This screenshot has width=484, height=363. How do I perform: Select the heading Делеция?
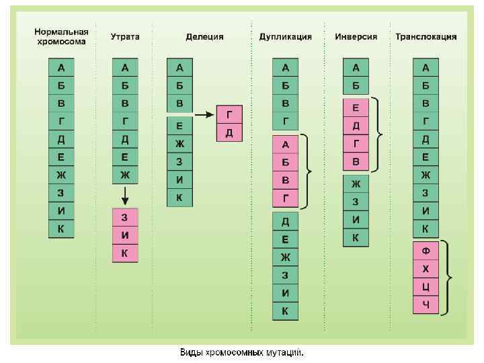205,37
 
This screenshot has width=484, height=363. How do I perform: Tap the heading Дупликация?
286,37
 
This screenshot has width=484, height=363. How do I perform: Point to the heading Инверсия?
356,37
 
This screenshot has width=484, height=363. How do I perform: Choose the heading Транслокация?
426,37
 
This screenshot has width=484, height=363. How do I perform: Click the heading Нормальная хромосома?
62,36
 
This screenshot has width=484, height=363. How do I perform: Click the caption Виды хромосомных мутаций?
241,352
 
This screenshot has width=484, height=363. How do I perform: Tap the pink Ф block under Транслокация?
426,251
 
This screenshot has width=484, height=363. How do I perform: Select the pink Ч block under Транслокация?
426,305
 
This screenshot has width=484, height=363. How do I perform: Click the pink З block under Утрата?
125,217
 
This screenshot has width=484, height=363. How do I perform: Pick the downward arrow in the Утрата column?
125,196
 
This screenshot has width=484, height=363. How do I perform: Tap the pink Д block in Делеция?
229,132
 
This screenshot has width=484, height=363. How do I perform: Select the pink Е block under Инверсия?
356,108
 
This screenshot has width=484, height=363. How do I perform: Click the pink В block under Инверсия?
356,162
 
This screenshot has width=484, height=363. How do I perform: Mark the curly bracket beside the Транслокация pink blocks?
446,278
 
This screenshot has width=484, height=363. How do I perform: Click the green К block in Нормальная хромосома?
62,229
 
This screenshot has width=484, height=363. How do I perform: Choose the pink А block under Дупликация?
286,145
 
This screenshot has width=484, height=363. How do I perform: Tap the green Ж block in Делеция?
179,144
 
